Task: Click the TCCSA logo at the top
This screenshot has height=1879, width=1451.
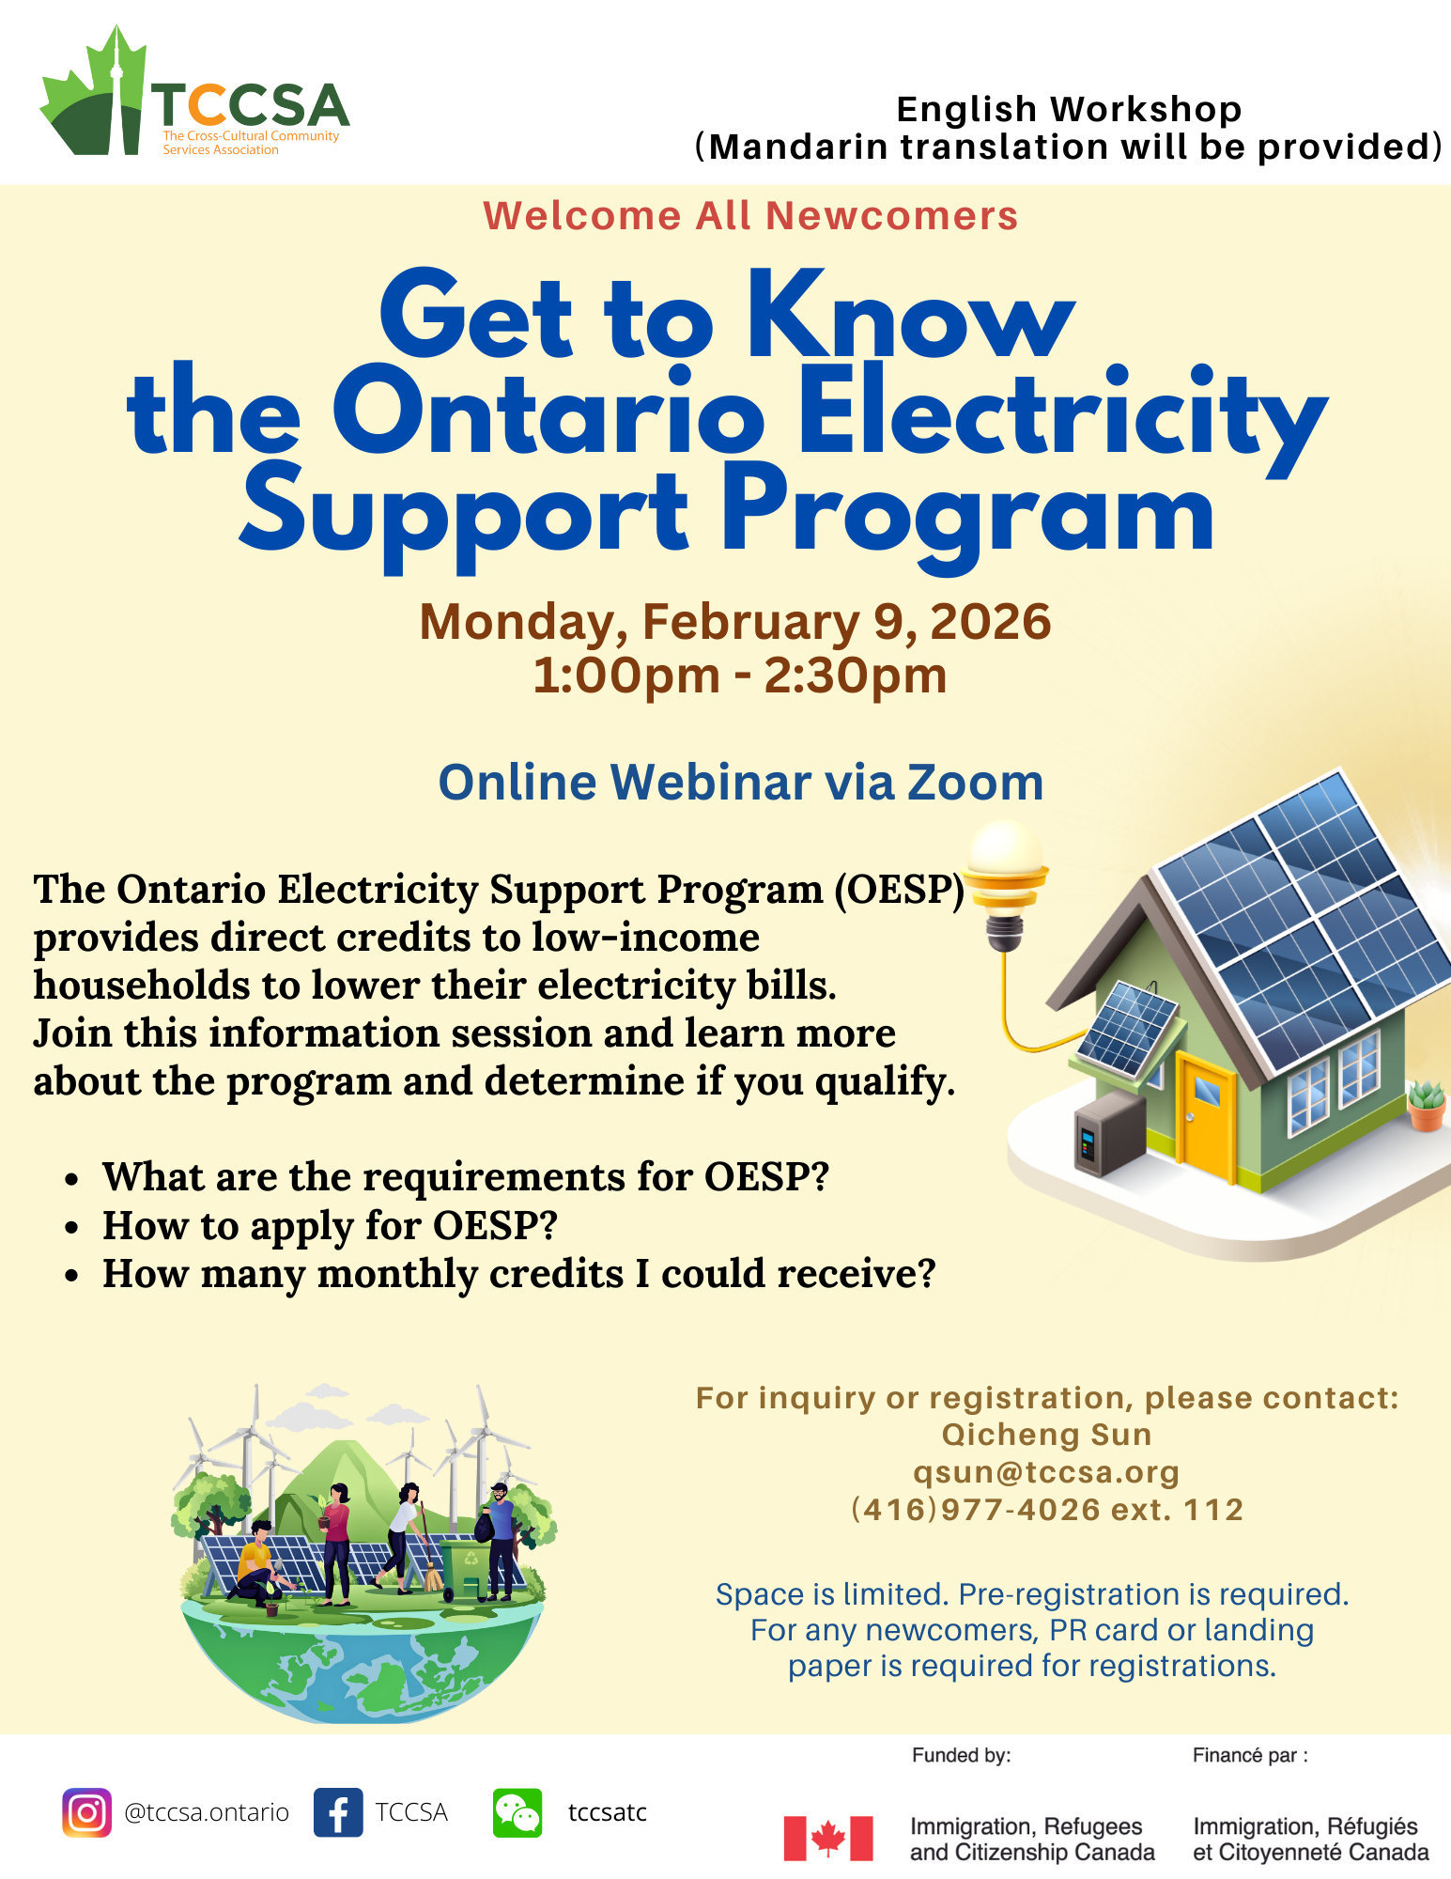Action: [x=194, y=91]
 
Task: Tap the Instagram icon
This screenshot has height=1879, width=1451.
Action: [x=87, y=1812]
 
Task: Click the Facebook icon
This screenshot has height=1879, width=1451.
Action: [x=338, y=1812]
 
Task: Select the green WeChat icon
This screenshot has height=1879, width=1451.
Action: [x=517, y=1812]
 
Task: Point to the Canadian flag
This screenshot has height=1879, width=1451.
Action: [x=828, y=1838]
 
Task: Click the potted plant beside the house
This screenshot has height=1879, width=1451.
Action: [x=1427, y=1106]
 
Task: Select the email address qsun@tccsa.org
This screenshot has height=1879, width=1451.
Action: [x=1046, y=1472]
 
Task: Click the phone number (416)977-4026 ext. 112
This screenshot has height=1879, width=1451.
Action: [x=1046, y=1510]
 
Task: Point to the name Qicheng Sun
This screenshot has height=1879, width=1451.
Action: [x=1046, y=1435]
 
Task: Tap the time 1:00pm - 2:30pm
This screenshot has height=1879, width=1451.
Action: [x=740, y=676]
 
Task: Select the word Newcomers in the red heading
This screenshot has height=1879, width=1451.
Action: [x=891, y=215]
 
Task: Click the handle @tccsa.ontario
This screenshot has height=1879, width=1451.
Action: [x=207, y=1812]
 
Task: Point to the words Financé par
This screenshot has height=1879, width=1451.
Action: [x=1250, y=1755]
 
